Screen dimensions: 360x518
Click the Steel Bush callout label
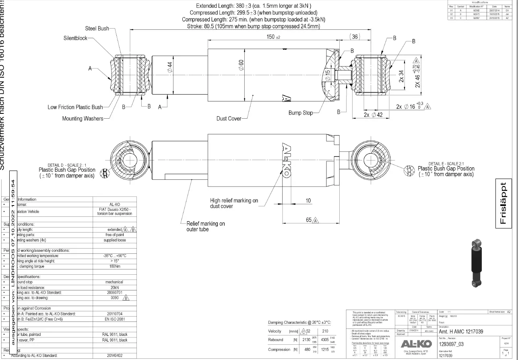[x=97, y=29]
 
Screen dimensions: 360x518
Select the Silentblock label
[x=75, y=38]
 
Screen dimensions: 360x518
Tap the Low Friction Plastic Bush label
[x=75, y=107]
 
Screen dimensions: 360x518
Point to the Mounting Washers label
[x=83, y=119]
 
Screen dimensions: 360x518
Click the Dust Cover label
[x=229, y=119]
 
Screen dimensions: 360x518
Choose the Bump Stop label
[x=301, y=113]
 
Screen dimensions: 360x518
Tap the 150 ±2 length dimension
[x=273, y=37]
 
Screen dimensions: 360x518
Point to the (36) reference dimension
[x=355, y=37]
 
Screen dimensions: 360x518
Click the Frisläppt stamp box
[x=504, y=203]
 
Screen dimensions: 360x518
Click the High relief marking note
[x=234, y=203]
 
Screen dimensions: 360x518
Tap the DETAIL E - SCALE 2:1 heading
[x=445, y=164]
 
